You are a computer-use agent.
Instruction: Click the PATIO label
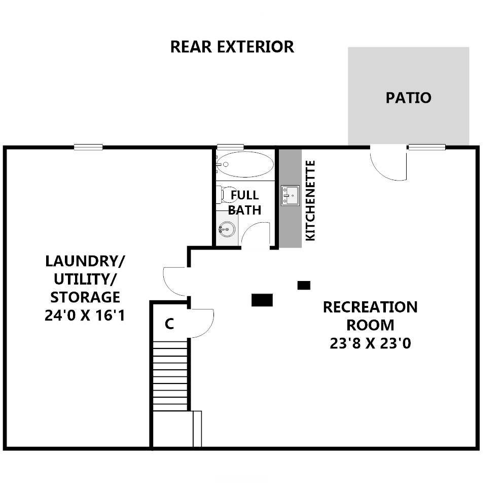(408, 98)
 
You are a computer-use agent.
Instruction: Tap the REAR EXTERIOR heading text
(232, 47)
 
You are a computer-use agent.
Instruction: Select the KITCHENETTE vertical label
(310, 200)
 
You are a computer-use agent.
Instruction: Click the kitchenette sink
(290, 195)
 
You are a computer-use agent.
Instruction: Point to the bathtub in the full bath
(245, 164)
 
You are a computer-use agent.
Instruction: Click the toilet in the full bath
(228, 195)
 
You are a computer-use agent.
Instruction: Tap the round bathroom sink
(227, 229)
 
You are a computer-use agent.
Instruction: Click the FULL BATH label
(244, 202)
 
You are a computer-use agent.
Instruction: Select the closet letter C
(169, 324)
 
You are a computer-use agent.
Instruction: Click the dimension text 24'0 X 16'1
(85, 315)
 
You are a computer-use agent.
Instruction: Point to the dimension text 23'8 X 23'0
(370, 343)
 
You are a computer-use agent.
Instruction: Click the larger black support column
(262, 300)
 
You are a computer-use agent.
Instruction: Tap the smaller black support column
(304, 285)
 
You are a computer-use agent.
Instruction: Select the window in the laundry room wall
(88, 147)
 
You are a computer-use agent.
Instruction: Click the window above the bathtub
(230, 147)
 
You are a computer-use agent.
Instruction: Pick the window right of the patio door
(427, 147)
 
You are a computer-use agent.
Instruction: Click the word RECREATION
(370, 307)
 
